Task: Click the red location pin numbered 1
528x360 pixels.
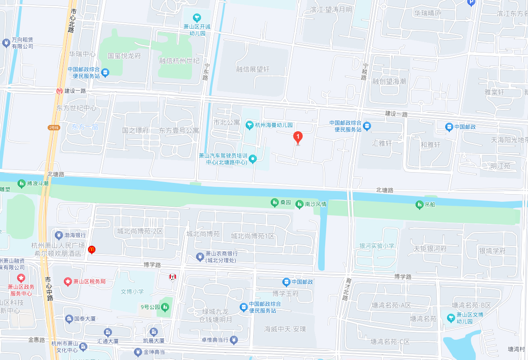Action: coord(298,137)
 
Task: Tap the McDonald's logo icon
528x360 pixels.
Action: coord(92,249)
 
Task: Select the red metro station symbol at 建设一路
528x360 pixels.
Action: coord(59,91)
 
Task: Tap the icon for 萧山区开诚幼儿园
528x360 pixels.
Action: coord(197,18)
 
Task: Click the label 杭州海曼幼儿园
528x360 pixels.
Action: coord(273,125)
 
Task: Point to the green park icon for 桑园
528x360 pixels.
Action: coord(274,203)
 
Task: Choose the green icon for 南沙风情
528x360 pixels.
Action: coord(299,204)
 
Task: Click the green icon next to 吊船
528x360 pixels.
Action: coord(419,204)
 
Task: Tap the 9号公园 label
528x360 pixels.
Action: coord(150,307)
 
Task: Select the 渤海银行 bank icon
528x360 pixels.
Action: coord(58,235)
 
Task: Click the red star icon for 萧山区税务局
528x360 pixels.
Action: coord(67,282)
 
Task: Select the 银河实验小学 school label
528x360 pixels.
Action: coord(376,246)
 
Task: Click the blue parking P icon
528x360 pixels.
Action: coord(471,2)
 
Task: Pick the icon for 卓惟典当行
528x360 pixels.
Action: coord(233,341)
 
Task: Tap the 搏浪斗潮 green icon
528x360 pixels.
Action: coord(21,183)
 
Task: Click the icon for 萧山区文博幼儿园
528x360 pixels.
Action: coord(451,317)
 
